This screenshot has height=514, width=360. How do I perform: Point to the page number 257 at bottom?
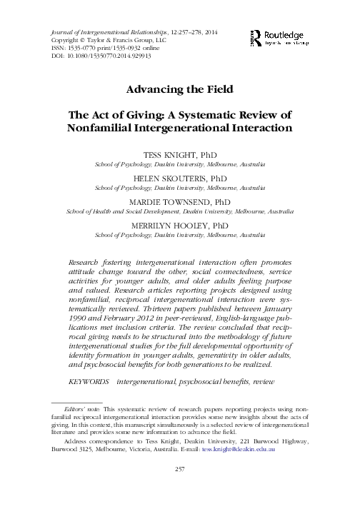click(180, 489)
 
